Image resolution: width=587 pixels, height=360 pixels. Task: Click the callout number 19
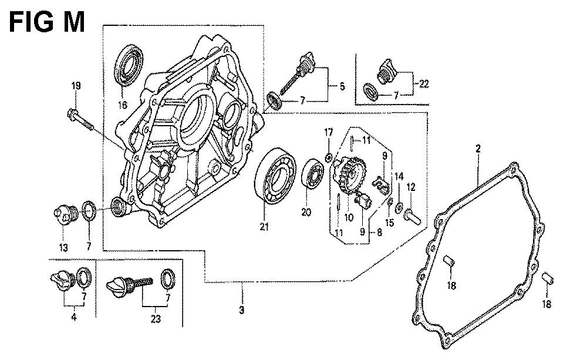click(x=76, y=86)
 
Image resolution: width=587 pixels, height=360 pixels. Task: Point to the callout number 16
click(x=123, y=106)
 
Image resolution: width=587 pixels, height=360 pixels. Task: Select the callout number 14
click(x=399, y=176)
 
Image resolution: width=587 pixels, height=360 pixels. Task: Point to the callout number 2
click(x=478, y=149)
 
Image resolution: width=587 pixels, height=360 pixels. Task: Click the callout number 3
click(x=242, y=310)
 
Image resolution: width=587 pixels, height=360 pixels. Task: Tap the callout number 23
click(x=154, y=320)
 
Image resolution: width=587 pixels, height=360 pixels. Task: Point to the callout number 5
click(x=342, y=87)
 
